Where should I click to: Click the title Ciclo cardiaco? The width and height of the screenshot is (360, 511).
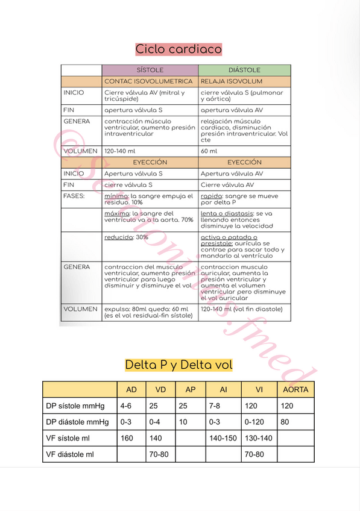[x=178, y=49]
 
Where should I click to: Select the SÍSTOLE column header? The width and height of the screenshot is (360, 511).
[x=150, y=71]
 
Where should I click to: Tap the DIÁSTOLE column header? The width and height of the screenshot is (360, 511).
[x=244, y=71]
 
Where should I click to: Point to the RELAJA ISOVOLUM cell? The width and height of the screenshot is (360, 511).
[x=232, y=81]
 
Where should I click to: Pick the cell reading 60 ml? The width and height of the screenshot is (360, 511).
[x=209, y=151]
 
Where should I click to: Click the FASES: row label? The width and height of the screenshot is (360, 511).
[x=74, y=196]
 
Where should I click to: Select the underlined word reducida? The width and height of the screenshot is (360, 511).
[x=118, y=237]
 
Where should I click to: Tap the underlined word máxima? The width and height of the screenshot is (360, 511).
[x=115, y=213]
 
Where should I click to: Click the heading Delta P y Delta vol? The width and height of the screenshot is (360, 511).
[x=178, y=365]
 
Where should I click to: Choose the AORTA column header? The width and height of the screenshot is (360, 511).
[x=295, y=389]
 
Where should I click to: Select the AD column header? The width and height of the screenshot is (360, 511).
[x=131, y=389]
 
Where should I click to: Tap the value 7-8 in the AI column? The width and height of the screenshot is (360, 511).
[x=213, y=406]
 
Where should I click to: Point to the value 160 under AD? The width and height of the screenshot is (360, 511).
[x=127, y=438]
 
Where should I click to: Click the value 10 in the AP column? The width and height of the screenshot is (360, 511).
[x=183, y=422]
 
